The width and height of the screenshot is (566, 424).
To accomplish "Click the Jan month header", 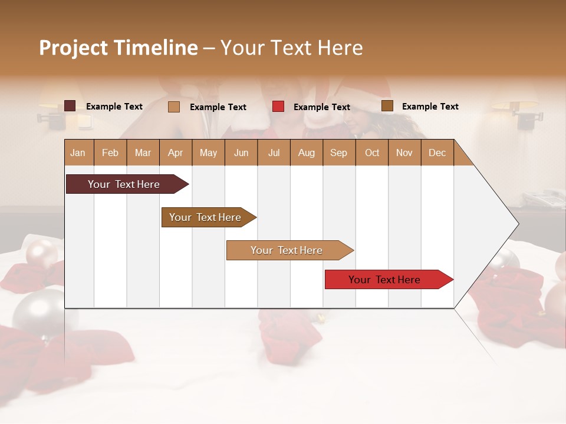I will click(x=78, y=153).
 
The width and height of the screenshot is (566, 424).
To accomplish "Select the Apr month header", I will click(x=176, y=153).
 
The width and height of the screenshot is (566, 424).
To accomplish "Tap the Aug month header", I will click(x=306, y=153).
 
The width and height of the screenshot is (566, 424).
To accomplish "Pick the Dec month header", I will click(x=437, y=153).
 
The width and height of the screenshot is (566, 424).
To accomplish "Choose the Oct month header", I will click(x=372, y=153).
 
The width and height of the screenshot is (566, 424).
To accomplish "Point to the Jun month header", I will click(x=241, y=153).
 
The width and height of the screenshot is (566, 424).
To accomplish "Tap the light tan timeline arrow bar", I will click(x=287, y=250).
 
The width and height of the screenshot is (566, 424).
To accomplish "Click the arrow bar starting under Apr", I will click(x=206, y=217).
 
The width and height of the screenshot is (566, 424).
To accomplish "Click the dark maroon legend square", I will click(x=70, y=106).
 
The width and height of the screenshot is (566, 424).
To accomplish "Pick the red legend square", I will click(x=278, y=107).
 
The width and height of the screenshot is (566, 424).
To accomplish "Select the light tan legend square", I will click(x=173, y=107).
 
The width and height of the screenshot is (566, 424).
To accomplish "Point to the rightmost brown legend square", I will click(x=387, y=106).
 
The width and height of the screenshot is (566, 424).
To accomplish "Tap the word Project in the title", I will click(x=74, y=48).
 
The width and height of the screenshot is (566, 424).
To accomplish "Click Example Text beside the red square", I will click(x=322, y=107).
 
